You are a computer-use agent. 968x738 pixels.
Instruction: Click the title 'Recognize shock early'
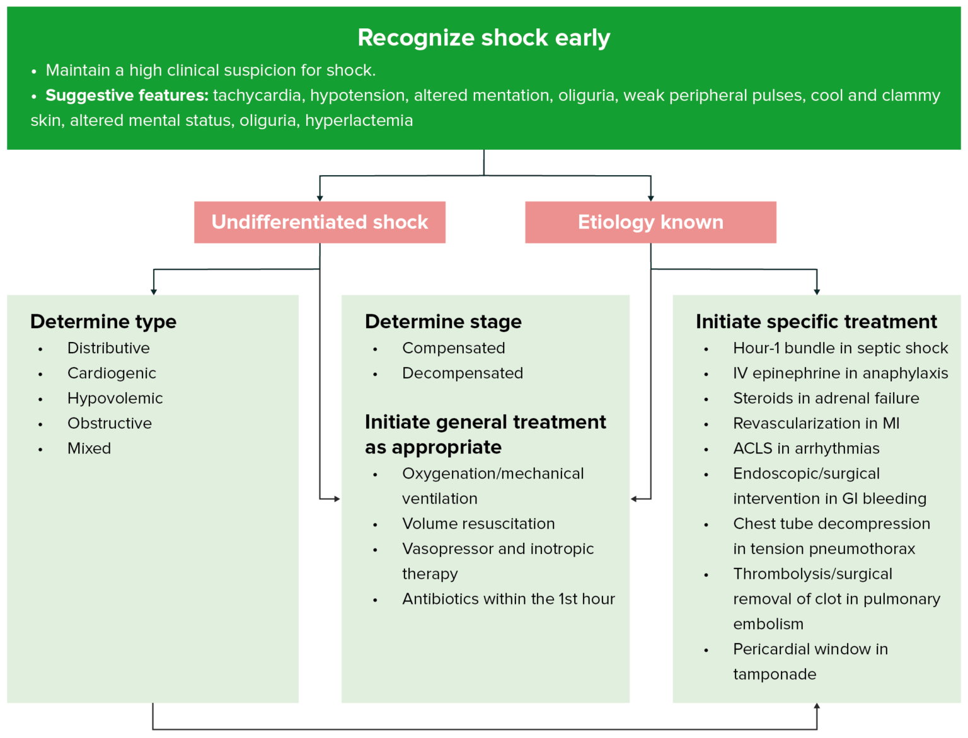coord(483,38)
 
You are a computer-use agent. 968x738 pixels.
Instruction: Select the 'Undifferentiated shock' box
coord(320,222)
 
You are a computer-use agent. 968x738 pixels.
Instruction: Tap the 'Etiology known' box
coord(650,222)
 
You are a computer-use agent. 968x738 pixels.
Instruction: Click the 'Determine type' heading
coord(103,322)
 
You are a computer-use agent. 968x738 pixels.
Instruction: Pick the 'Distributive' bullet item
coord(108,348)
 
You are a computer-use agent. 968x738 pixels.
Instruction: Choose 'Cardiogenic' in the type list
coord(112,373)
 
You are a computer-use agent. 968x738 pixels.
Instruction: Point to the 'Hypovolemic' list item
coord(115,399)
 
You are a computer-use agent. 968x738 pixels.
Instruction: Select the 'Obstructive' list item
coord(110,424)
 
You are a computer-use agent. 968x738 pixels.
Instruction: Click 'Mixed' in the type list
coord(89,449)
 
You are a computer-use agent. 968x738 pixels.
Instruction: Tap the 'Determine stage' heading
coord(443,322)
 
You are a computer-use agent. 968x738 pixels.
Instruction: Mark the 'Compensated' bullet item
coord(453,348)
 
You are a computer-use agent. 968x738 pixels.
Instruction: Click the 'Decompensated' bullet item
coord(463,373)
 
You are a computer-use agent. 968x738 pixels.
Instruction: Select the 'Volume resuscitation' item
coord(478,524)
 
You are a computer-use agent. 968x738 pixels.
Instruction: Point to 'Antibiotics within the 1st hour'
coord(508,599)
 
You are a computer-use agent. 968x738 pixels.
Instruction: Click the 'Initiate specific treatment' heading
coord(816,322)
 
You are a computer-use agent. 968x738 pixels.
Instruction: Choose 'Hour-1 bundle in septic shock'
coord(840,348)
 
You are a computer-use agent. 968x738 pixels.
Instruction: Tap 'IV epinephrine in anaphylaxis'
coord(840,373)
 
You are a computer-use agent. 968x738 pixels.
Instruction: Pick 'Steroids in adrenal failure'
coord(826,399)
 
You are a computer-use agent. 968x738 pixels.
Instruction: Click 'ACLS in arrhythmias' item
coord(806,449)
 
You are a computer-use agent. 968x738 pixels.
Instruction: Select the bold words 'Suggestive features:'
coord(127,96)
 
